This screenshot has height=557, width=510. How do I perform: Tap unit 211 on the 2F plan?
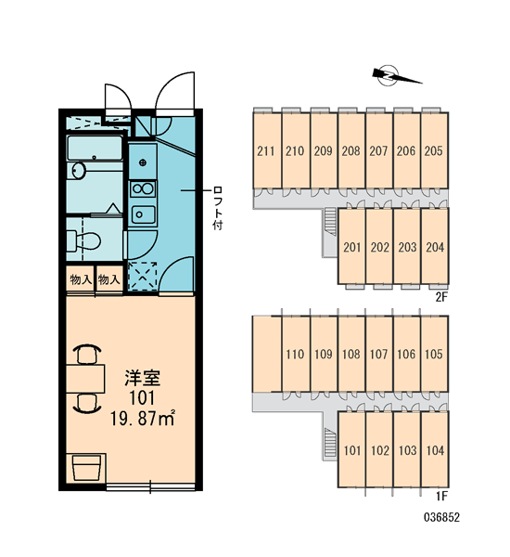pos(266,151)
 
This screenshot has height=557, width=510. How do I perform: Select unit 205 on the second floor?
pos(434,151)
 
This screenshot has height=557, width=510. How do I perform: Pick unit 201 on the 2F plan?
pos(351,247)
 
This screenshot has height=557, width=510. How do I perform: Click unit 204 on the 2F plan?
pos(435,247)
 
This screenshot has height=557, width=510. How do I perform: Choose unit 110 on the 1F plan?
pos(295,355)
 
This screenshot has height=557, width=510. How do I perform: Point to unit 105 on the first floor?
pos(434,355)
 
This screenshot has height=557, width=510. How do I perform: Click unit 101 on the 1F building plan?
pos(352,450)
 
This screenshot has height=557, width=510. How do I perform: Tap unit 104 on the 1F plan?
pos(435,450)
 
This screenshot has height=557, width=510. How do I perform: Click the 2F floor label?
pos(442,297)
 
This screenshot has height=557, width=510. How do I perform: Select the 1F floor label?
pos(442,496)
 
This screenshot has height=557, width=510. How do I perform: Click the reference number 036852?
pos(442,517)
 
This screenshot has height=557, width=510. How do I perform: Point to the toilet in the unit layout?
pos(83,240)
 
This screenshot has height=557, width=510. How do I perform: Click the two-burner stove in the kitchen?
pos(142,188)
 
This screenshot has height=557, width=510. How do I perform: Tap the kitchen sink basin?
pos(143,214)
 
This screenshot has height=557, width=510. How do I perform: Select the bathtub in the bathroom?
pos(95,148)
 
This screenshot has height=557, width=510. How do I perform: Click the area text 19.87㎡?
pos(143,418)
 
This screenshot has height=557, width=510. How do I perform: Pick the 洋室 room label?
pos(142,378)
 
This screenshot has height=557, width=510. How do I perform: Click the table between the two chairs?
pos(85,379)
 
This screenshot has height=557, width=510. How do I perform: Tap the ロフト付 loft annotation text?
pos(218,208)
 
